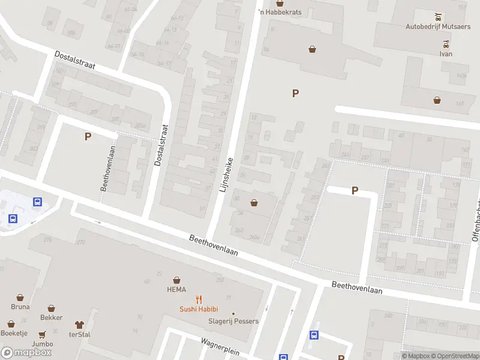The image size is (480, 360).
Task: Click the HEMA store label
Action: [x=176, y=290]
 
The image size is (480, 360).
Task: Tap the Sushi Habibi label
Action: [x=199, y=309]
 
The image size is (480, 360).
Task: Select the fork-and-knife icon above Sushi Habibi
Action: [x=199, y=299]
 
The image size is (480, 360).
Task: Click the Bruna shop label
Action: [x=20, y=307]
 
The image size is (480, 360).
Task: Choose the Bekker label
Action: [x=51, y=317]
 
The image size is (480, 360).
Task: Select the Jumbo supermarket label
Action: [x=43, y=344]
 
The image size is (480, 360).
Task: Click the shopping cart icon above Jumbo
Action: [x=43, y=335]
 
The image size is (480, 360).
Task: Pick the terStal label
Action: [x=79, y=334]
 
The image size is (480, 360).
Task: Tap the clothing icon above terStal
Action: [x=79, y=325]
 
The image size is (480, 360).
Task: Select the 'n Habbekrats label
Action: [x=280, y=12]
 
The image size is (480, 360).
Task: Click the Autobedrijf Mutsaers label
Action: [x=438, y=26]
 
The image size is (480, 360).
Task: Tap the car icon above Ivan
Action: [x=445, y=44]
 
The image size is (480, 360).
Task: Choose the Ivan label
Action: [x=445, y=53]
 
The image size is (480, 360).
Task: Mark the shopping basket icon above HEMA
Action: [x=177, y=280]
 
